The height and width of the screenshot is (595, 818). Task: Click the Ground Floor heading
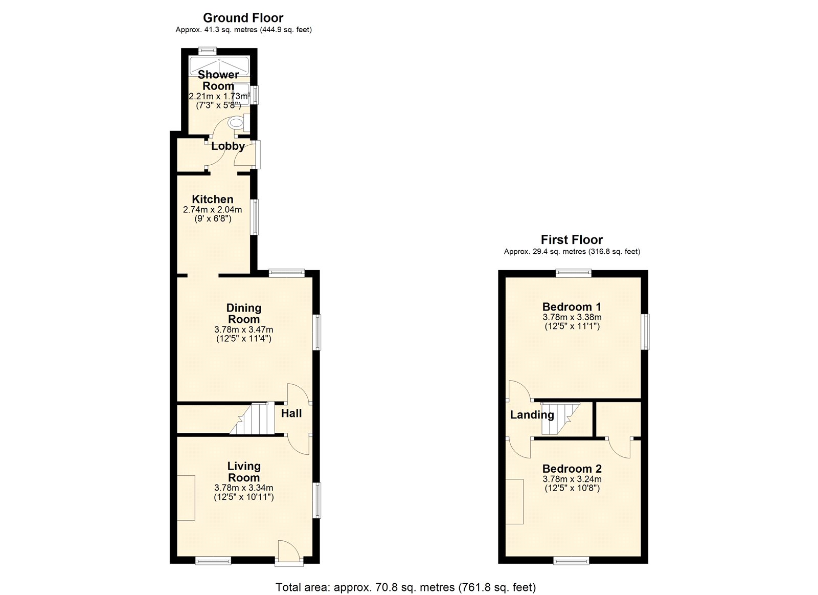point(243,17)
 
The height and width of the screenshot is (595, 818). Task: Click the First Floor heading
point(572,239)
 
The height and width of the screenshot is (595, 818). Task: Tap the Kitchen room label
point(213,199)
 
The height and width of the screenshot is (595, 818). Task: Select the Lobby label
point(228,146)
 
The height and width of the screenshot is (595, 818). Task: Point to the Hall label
point(291,413)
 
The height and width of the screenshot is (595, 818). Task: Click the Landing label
point(532,415)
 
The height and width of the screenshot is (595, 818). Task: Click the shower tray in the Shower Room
point(219,66)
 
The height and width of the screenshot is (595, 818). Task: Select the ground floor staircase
point(252,419)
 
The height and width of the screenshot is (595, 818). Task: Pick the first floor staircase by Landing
point(560,419)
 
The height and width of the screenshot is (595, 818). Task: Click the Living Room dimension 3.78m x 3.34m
point(243,488)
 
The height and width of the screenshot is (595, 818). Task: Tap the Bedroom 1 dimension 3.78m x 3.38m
point(572,317)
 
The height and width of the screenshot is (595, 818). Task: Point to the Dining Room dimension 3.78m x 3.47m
point(243,329)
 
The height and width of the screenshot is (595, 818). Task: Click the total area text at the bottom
point(406,577)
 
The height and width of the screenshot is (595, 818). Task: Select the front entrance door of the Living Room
point(289,553)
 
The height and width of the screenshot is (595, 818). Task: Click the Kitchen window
point(255,217)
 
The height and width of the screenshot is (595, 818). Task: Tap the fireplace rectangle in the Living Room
point(186,497)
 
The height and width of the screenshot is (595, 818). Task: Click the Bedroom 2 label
point(572,469)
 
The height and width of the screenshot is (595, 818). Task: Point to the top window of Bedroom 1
point(573,273)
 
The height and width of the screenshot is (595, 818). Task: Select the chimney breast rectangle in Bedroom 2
point(514,501)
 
